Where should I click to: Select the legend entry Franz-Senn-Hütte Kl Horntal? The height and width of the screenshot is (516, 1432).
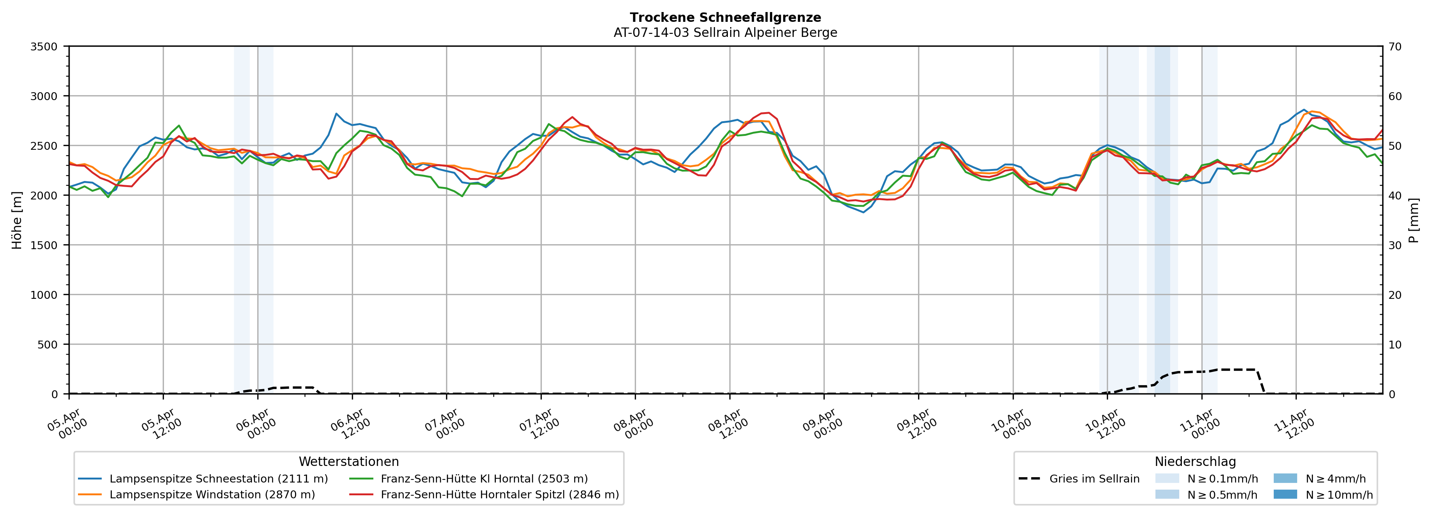point(484,479)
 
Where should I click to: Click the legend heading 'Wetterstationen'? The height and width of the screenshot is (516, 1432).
point(348,461)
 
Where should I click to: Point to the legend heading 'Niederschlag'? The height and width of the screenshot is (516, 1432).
point(1195,461)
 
